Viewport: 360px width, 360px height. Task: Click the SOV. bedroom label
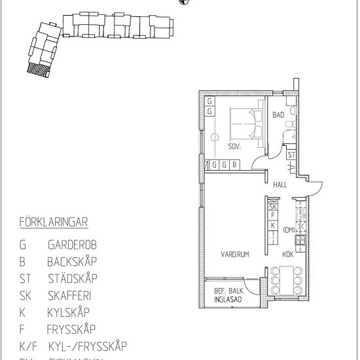(234, 147)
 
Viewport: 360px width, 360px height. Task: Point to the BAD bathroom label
(278, 115)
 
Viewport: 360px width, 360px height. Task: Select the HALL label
(281, 185)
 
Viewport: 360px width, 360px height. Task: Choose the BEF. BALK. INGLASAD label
(227, 296)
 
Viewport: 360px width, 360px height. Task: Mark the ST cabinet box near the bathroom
(291, 155)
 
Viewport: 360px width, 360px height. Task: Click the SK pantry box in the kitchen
(273, 207)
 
